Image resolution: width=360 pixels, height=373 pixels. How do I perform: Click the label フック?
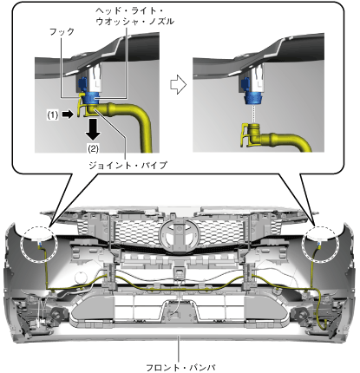[62, 31]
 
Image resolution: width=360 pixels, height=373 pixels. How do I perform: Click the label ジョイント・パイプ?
[128, 165]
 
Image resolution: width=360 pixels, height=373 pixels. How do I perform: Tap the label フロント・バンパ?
[180, 368]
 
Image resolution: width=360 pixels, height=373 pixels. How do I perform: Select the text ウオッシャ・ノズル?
[135, 22]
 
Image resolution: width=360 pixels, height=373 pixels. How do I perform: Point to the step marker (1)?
[53, 115]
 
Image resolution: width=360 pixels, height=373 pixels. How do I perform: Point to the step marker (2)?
[93, 148]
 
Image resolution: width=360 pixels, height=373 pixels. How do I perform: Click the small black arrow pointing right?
[68, 115]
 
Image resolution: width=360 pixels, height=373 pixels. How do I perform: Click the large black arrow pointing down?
[93, 129]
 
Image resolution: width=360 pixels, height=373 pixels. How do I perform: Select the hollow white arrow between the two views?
[178, 84]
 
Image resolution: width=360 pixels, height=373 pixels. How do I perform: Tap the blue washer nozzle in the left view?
[90, 98]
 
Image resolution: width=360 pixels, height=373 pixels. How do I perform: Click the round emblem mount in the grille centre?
[180, 233]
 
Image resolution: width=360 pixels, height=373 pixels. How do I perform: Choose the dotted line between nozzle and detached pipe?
[253, 114]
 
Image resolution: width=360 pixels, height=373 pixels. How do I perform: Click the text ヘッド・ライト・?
[129, 10]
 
